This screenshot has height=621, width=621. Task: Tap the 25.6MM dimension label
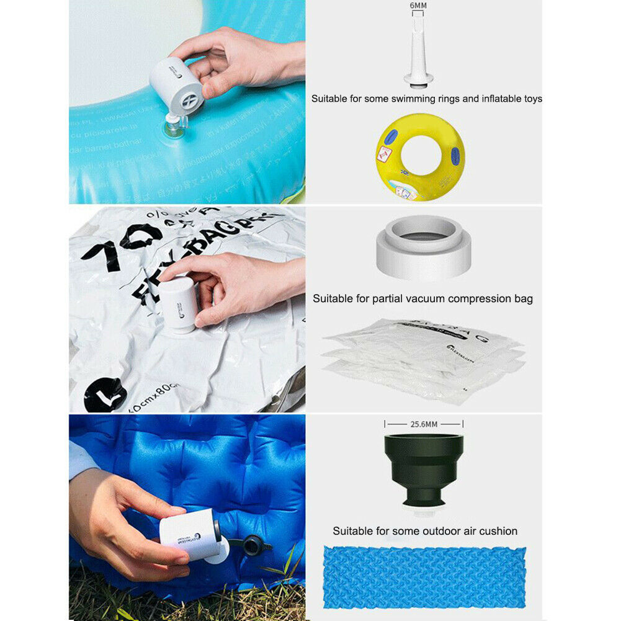(424, 424)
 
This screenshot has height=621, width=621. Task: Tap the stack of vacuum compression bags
(423, 360)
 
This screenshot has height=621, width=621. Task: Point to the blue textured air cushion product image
(424, 577)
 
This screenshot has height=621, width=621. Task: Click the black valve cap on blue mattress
(254, 543)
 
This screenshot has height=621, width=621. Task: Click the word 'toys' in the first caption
(531, 99)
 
